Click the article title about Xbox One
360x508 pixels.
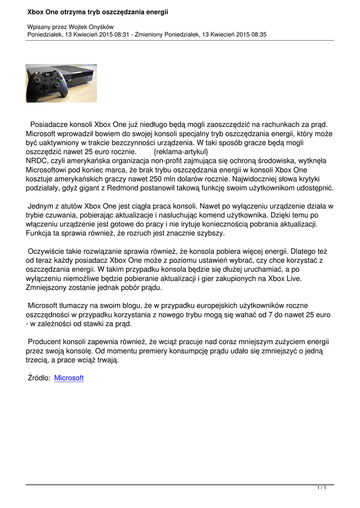97,11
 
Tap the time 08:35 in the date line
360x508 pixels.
258,34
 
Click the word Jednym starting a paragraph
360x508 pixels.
41,205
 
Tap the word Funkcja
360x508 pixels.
41,232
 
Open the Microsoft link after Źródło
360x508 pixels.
69,378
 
